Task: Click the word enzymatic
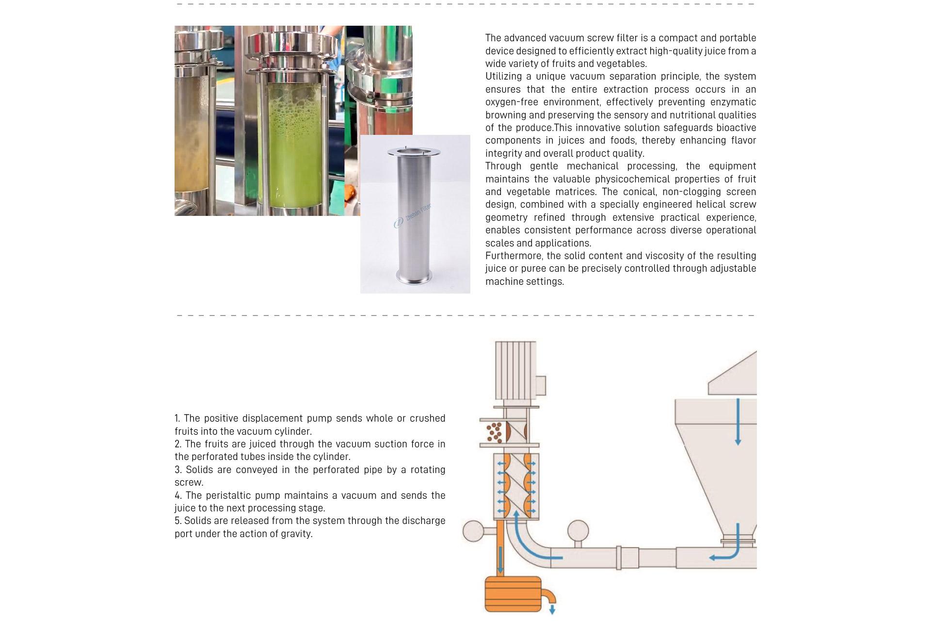point(733,102)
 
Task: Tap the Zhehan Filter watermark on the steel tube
point(413,215)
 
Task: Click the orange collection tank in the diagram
point(513,594)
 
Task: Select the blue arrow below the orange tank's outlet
point(552,609)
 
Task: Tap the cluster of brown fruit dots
point(494,432)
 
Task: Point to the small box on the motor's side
point(541,386)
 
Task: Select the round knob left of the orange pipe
point(473,531)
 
